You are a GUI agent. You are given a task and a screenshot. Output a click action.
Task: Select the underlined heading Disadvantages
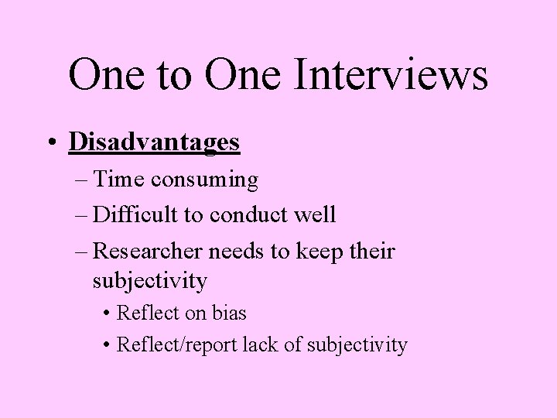[154, 142]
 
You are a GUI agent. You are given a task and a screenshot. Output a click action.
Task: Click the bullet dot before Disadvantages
[50, 143]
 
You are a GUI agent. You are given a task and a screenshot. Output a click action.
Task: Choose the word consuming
[205, 180]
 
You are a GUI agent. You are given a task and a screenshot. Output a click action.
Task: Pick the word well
[316, 214]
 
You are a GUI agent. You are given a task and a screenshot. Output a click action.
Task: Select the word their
[374, 252]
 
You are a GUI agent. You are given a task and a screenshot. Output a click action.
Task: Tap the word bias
[228, 313]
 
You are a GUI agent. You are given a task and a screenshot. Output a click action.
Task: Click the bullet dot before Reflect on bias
[106, 313]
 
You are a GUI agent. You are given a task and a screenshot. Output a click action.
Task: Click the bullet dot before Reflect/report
[106, 344]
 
